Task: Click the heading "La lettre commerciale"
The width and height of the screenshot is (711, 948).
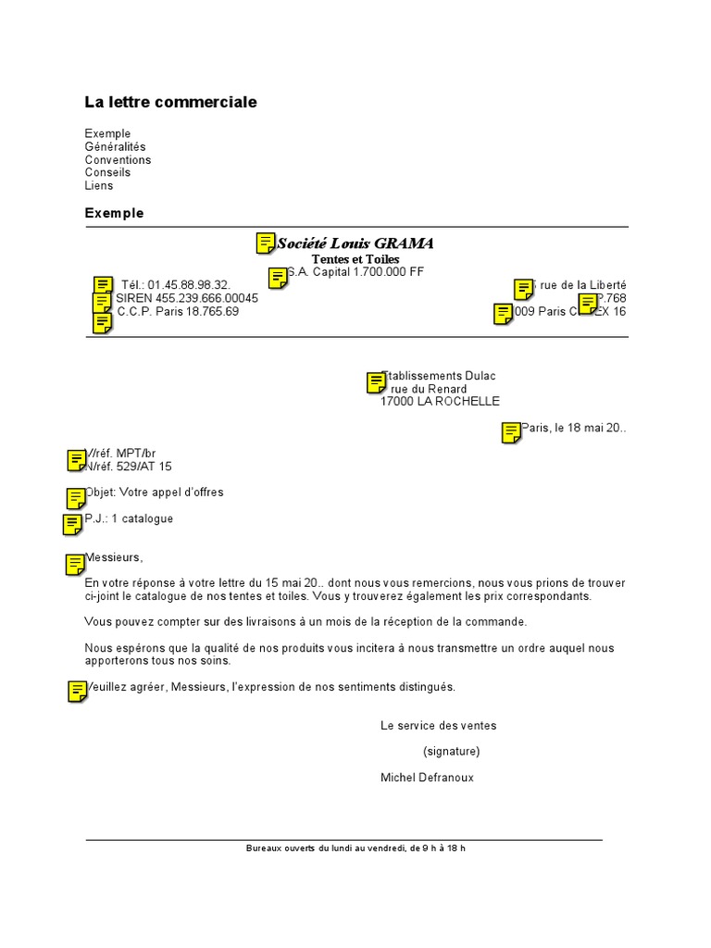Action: click(170, 102)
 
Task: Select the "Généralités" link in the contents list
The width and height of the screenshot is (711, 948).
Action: click(115, 147)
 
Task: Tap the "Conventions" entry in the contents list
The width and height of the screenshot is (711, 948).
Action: click(118, 160)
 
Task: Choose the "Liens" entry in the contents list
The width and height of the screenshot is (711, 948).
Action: click(98, 186)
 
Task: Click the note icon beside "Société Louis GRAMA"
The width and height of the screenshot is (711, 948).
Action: click(265, 243)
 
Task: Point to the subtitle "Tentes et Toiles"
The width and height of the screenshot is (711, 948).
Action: click(355, 259)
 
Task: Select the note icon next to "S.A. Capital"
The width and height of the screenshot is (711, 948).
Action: click(277, 278)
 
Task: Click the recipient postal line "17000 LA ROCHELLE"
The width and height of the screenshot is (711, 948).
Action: click(440, 402)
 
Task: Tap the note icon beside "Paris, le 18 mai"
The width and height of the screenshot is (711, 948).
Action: click(510, 431)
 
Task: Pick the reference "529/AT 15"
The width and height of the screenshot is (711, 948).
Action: click(143, 467)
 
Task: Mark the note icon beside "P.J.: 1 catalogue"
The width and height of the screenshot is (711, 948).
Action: click(72, 524)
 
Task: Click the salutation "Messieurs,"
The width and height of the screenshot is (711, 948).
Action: click(115, 557)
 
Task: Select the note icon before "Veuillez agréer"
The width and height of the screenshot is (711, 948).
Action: click(77, 691)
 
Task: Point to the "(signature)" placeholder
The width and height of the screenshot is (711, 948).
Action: click(452, 752)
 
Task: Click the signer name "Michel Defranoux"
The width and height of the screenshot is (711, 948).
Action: click(427, 778)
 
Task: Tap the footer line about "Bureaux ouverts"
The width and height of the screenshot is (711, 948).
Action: click(355, 848)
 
